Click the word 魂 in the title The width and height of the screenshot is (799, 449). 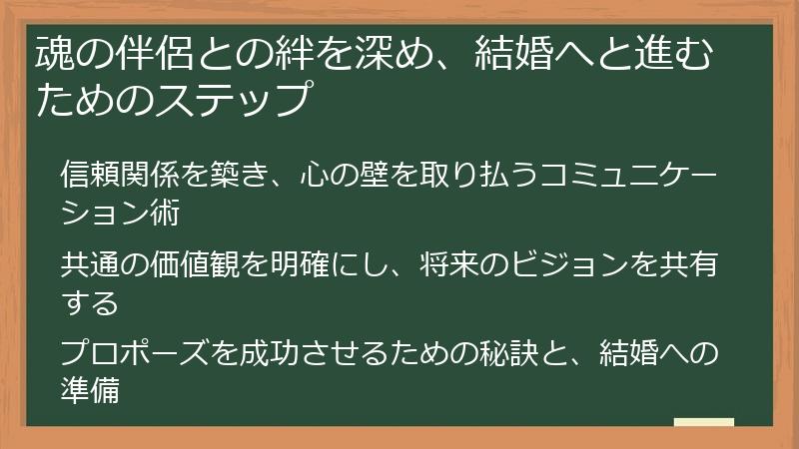click(56, 54)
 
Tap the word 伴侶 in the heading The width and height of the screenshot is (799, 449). click(155, 54)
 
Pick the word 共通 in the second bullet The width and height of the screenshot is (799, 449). click(90, 264)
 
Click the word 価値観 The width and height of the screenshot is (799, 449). click(194, 264)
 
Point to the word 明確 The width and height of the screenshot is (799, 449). click(299, 264)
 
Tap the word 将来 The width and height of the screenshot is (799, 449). click(449, 264)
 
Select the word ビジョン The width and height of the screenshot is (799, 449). click(569, 264)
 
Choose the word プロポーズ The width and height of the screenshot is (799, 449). click(134, 353)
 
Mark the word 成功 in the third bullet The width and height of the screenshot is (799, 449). click(269, 353)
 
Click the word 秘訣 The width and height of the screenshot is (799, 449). click(509, 353)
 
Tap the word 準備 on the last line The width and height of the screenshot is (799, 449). click(90, 391)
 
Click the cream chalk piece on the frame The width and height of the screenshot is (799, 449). click(704, 422)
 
